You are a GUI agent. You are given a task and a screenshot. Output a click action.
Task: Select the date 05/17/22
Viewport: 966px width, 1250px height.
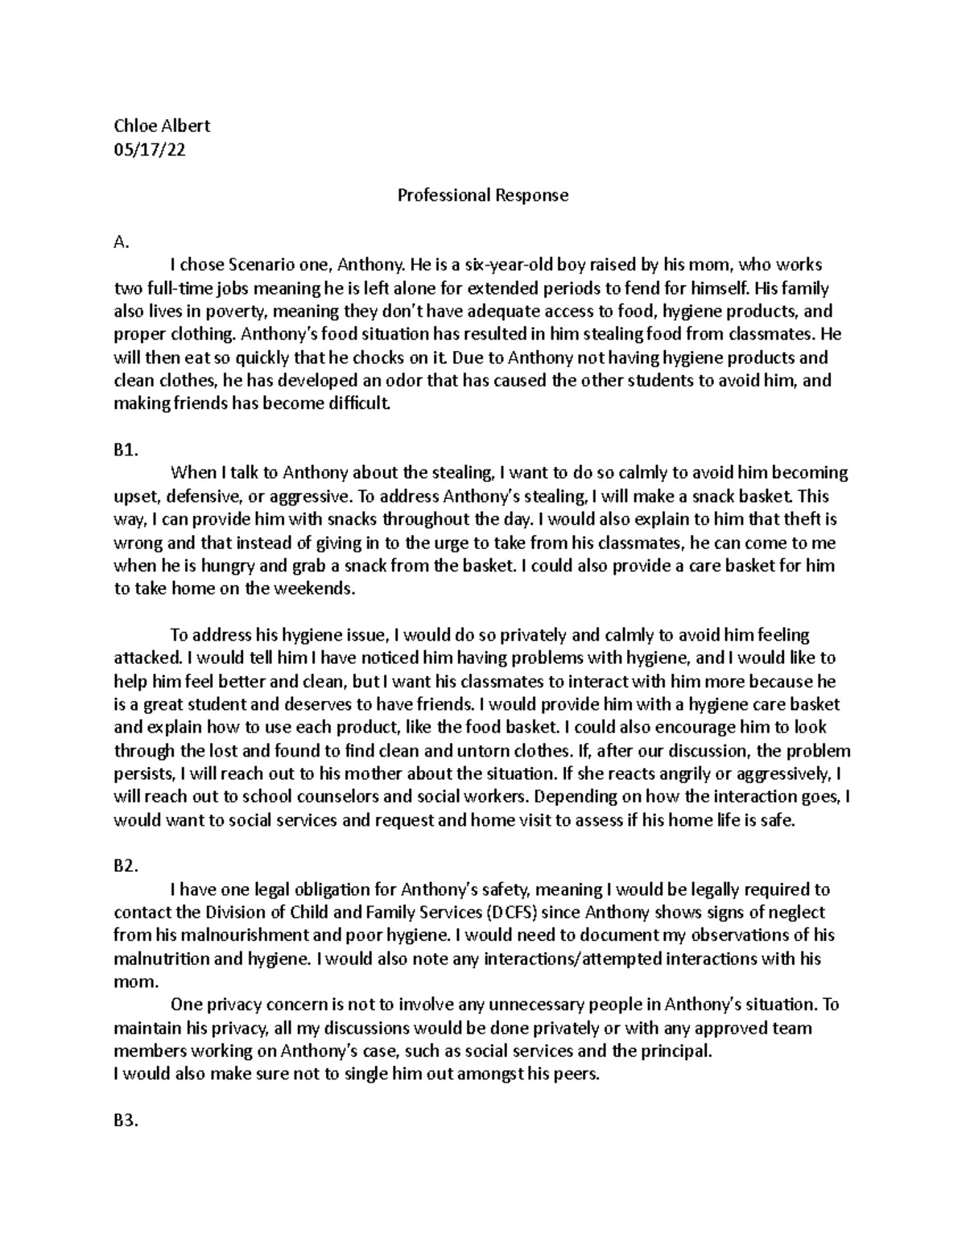(150, 149)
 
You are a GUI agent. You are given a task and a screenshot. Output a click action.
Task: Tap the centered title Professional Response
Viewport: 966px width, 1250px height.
(483, 195)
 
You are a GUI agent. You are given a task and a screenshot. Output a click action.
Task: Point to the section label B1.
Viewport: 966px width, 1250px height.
(125, 451)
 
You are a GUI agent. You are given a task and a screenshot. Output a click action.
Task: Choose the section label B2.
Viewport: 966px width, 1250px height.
(126, 867)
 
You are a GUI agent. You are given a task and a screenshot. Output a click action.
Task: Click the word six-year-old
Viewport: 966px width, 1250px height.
(497, 265)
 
